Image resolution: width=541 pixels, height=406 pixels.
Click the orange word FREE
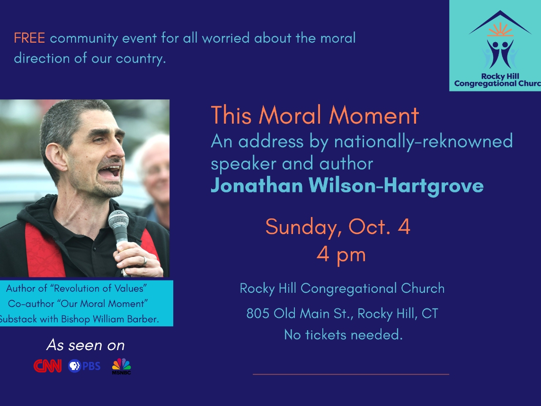[29, 38]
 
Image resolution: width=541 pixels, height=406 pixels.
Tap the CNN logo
[48, 366]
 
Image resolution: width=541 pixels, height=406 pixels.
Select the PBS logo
[84, 366]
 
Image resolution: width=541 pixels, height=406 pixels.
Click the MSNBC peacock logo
[122, 366]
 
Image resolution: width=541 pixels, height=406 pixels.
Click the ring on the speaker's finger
[145, 262]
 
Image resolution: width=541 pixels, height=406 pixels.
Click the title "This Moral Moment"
[315, 115]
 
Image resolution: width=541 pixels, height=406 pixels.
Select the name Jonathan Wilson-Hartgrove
[347, 186]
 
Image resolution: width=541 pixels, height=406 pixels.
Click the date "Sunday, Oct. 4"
[338, 227]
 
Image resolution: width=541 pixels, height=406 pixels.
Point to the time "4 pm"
[341, 255]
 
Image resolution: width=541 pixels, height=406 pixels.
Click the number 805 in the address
[258, 314]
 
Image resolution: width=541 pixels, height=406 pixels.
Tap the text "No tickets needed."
[343, 334]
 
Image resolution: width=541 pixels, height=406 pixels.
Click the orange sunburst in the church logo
[500, 30]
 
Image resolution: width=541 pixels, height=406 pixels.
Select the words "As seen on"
[86, 345]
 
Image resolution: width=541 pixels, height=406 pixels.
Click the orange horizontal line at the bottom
[351, 374]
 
